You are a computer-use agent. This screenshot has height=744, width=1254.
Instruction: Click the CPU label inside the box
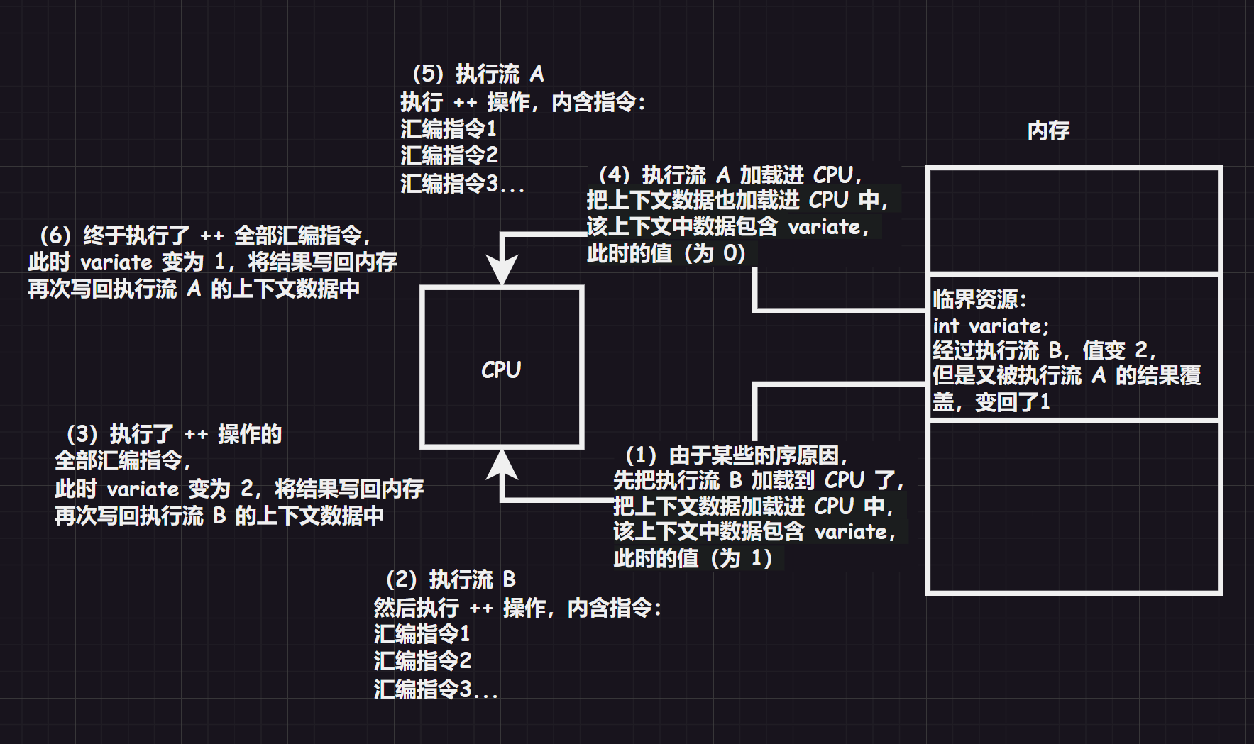[501, 370]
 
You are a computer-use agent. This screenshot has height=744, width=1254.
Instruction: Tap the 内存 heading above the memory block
[1048, 131]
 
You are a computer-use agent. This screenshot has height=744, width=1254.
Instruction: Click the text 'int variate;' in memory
[990, 326]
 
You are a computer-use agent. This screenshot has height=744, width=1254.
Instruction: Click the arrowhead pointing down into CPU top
[502, 271]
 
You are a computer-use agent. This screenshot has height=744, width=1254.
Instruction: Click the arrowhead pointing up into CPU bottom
[502, 465]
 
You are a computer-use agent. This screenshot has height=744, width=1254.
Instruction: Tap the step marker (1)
[641, 455]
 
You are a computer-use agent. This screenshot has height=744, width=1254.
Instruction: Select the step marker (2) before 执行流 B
[402, 579]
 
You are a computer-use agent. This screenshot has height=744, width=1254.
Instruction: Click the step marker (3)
[82, 433]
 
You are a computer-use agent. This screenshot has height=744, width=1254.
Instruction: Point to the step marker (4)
[614, 174]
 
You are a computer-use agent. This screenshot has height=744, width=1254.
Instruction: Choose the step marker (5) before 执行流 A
[428, 74]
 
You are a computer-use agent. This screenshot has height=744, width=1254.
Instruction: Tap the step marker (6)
[55, 235]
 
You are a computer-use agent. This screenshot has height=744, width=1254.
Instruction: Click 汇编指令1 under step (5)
[449, 129]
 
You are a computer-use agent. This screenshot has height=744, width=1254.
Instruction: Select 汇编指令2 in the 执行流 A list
[449, 155]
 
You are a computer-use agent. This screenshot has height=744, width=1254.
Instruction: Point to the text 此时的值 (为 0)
[666, 253]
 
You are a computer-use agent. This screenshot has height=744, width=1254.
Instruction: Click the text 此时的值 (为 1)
[693, 558]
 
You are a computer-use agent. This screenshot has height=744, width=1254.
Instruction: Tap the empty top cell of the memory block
[1074, 221]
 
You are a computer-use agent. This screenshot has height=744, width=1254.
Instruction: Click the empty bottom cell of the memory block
[1074, 506]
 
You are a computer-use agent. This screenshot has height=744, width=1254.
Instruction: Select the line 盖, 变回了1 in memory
[991, 402]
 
